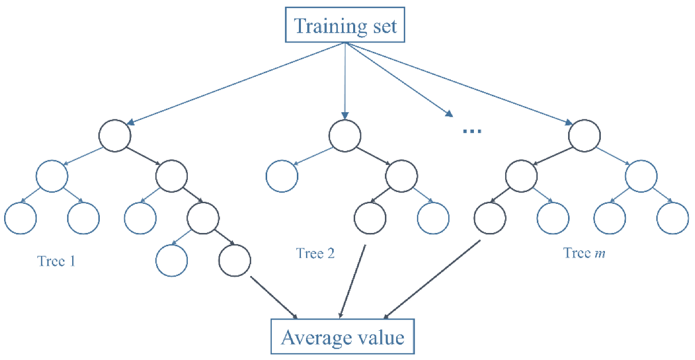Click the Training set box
pyautogui.click(x=345, y=25)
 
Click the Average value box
pyautogui.click(x=342, y=337)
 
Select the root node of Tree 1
pyautogui.click(x=115, y=136)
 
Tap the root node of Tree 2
pyautogui.click(x=345, y=136)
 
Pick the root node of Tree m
pyautogui.click(x=584, y=136)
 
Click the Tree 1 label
pyautogui.click(x=56, y=261)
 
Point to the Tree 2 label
pyautogui.click(x=315, y=253)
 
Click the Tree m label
pyautogui.click(x=584, y=253)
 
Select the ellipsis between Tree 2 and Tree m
pyautogui.click(x=471, y=132)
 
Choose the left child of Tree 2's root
pyautogui.click(x=282, y=177)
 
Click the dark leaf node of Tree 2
pyautogui.click(x=370, y=218)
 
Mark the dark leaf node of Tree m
pyautogui.click(x=490, y=218)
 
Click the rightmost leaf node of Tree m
pyautogui.click(x=672, y=218)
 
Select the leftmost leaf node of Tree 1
pyautogui.click(x=20, y=218)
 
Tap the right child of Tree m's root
pyautogui.click(x=641, y=177)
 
